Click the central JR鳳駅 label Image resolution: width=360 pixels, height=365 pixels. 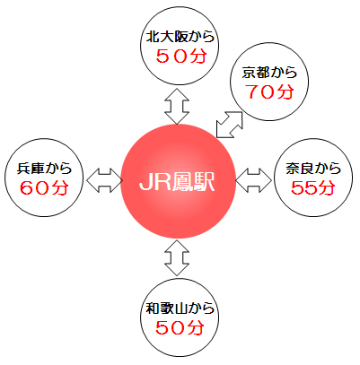(177, 181)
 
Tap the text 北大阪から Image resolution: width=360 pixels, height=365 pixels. (180, 37)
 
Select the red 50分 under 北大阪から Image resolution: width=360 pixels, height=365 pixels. (181, 56)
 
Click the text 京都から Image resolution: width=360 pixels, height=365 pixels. (269, 73)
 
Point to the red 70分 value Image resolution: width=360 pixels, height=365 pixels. (269, 91)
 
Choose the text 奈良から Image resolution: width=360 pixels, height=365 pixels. (313, 169)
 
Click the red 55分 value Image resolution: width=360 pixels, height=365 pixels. (313, 187)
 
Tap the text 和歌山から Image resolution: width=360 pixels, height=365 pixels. (180, 309)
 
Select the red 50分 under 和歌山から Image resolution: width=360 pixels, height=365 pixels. (180, 327)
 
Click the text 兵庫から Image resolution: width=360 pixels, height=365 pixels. (44, 169)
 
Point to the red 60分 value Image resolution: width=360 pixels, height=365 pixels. (44, 187)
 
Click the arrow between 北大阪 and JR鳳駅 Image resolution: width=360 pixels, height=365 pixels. (177, 106)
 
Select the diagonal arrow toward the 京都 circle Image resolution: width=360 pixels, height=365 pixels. (229, 125)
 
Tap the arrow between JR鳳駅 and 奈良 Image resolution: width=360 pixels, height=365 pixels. (254, 180)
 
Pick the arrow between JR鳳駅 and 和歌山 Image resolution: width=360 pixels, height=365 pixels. (177, 257)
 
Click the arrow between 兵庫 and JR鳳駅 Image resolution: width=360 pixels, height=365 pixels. (105, 180)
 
